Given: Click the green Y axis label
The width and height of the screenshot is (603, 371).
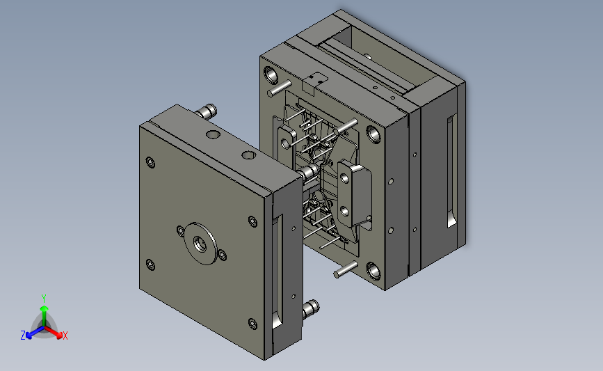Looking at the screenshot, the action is click(44, 299).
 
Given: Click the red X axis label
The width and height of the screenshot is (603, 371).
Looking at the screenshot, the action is click(65, 336).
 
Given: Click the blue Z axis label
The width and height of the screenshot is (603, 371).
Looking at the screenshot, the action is click(23, 336).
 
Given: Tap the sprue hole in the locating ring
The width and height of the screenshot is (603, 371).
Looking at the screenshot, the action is click(200, 244).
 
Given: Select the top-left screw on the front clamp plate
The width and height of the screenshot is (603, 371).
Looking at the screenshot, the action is click(150, 163).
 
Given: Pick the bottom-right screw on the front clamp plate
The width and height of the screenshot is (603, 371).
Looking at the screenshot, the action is click(252, 324).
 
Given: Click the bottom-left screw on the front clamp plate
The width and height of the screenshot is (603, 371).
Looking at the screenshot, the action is click(150, 265).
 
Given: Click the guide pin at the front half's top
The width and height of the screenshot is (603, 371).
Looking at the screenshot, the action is click(207, 111).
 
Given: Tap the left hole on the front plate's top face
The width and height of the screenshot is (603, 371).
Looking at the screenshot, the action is click(213, 135).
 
